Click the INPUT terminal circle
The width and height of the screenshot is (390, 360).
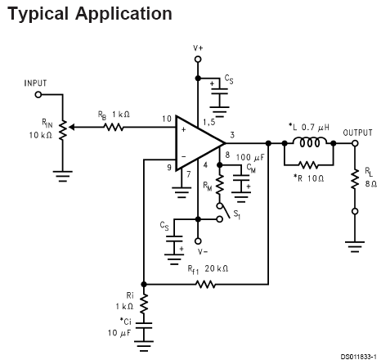coord(38,95)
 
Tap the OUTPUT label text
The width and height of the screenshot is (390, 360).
coord(357,133)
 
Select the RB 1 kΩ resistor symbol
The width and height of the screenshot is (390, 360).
coord(114,127)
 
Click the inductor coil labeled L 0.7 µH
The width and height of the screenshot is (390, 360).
coord(309,142)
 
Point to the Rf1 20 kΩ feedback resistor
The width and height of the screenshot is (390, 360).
coord(206,285)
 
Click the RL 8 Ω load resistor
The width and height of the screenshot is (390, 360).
coord(355,178)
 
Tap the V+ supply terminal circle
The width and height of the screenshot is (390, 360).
coord(198,59)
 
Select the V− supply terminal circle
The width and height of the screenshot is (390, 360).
coord(198,241)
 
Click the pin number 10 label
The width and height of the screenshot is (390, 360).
coord(167,119)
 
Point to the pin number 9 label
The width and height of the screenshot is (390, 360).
coord(169,167)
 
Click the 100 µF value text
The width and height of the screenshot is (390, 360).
coord(250,158)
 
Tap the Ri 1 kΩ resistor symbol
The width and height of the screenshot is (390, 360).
coord(144,304)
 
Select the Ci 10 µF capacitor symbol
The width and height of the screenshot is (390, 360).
coord(144,325)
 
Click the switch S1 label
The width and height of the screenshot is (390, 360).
coord(237,214)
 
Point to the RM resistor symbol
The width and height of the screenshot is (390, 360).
coord(220,184)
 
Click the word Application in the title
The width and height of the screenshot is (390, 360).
coord(123,14)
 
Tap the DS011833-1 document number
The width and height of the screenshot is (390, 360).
coord(359,357)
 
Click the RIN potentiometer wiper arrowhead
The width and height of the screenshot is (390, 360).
coord(71,127)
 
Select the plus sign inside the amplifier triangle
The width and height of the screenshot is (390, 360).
coord(183,130)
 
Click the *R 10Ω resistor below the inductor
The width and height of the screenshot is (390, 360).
coord(308,164)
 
